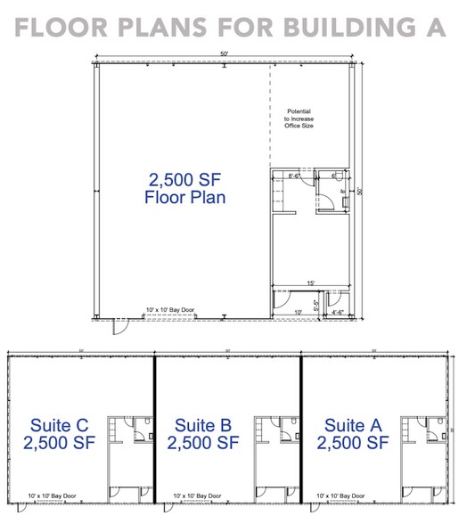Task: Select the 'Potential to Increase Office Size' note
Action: [x=299, y=119]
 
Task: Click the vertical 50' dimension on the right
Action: [x=361, y=190]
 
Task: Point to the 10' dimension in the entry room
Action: [x=298, y=312]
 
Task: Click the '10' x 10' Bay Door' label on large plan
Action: [x=170, y=311]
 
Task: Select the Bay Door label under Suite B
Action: [x=198, y=495]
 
